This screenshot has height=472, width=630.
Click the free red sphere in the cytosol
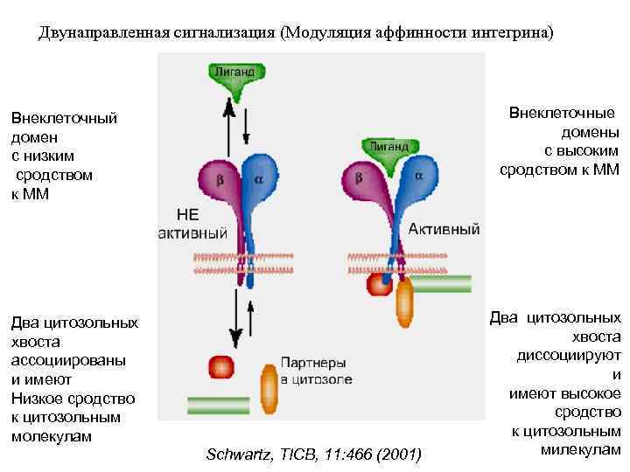(x=220, y=366)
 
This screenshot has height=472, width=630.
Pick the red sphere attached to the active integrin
(x=379, y=284)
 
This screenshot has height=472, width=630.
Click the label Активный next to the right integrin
(x=444, y=229)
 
